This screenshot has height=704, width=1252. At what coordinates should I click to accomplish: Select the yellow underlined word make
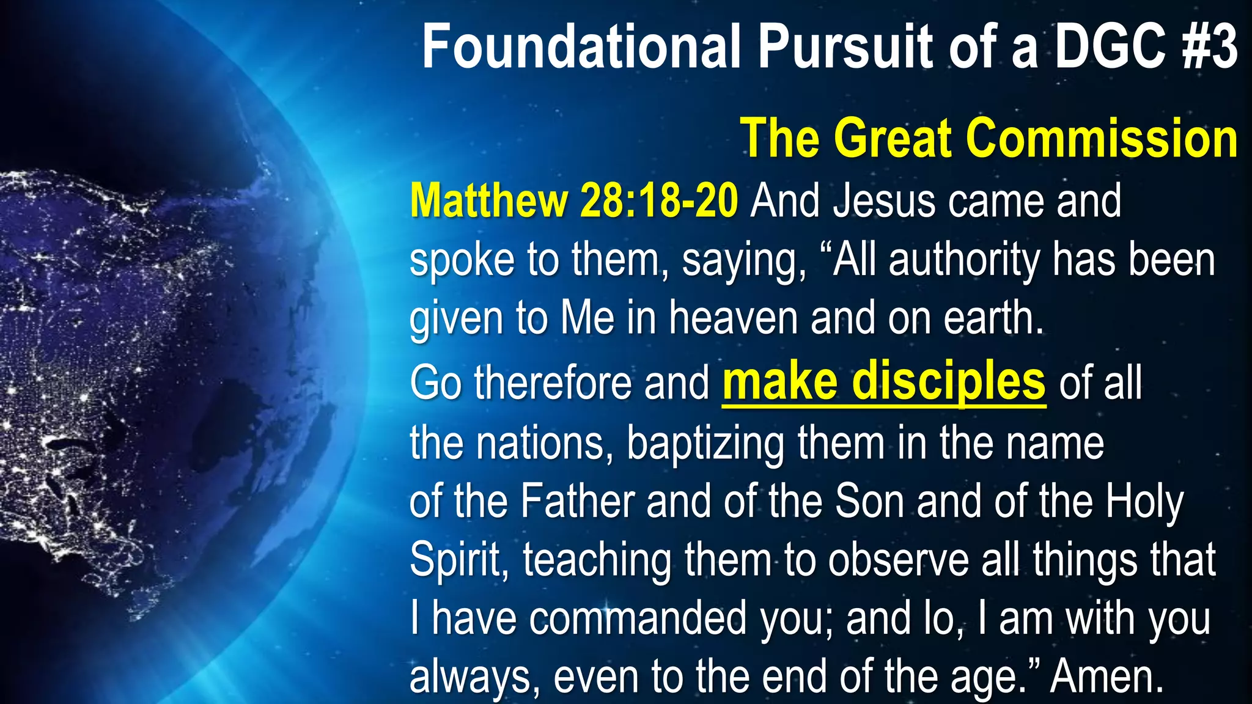(x=780, y=382)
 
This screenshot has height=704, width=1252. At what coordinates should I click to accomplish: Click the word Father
(x=578, y=502)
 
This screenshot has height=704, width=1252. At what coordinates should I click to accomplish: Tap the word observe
(x=898, y=560)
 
